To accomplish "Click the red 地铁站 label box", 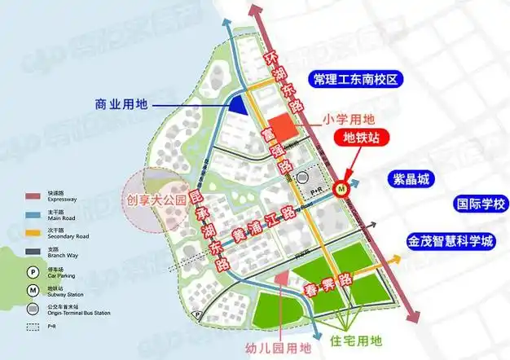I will coord(363,137).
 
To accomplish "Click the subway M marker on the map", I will coord(345,186).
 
